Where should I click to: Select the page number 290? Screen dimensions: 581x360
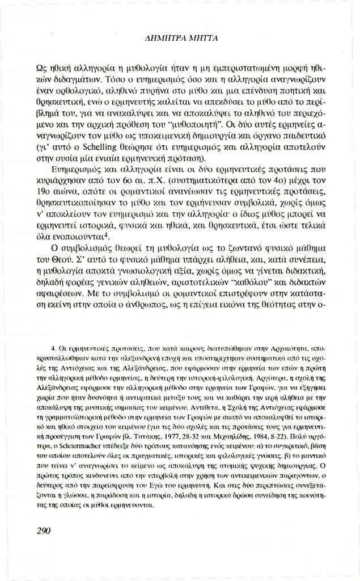tap(44, 531)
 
